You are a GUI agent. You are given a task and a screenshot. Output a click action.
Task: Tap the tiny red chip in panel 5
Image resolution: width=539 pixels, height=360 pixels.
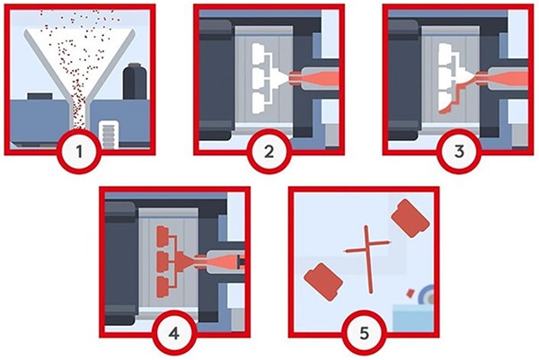[410, 292]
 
